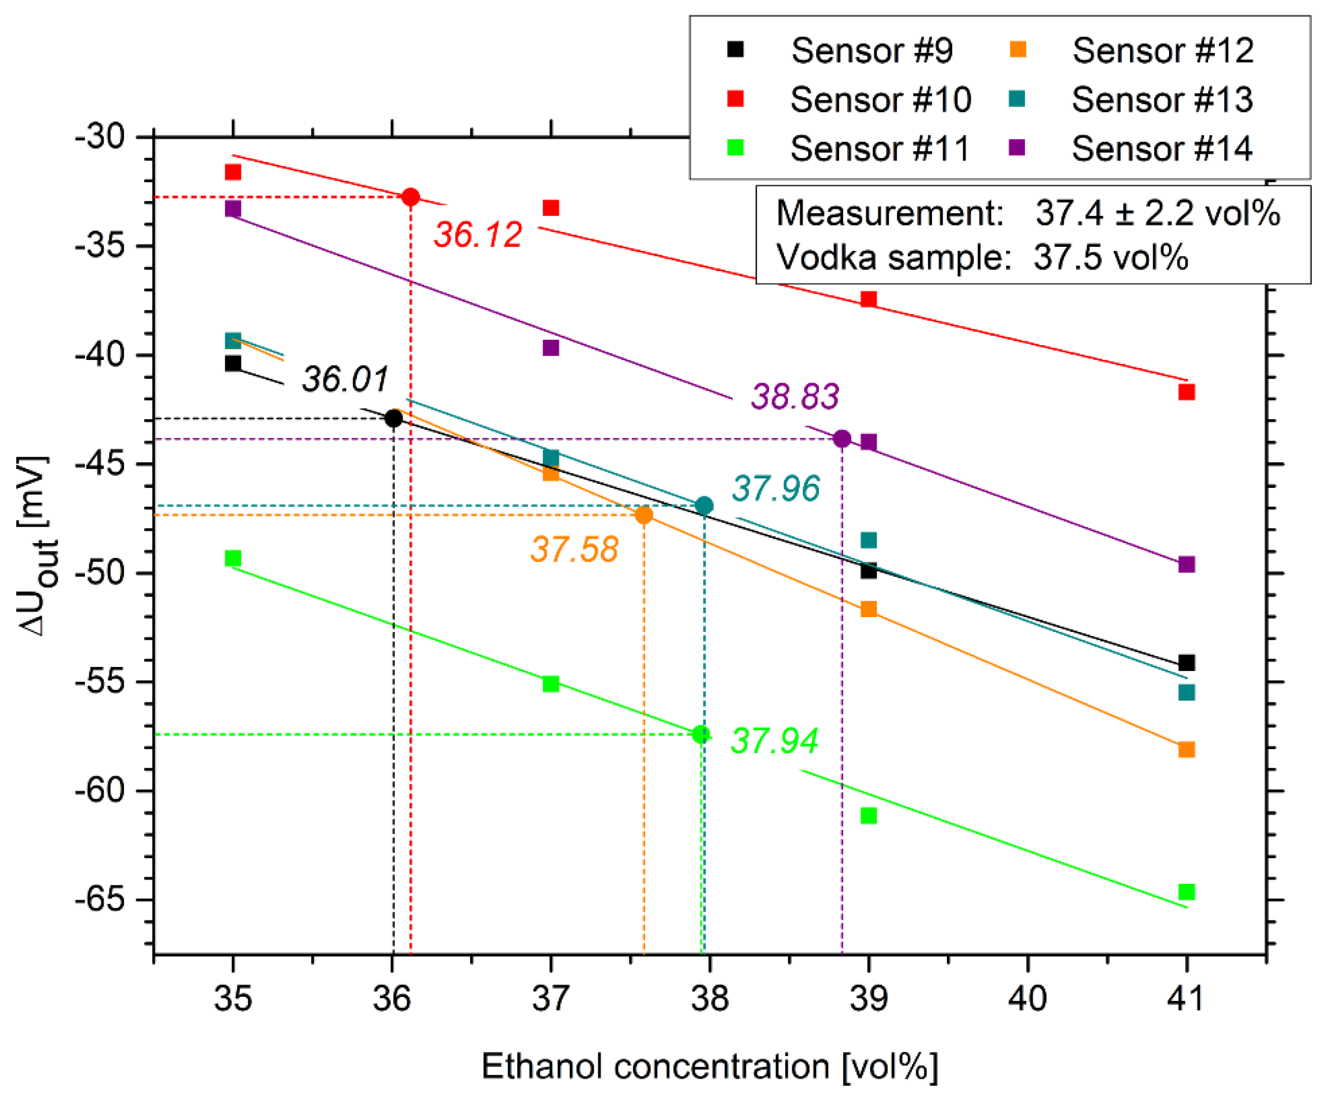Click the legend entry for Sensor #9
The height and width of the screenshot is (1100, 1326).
pos(871,50)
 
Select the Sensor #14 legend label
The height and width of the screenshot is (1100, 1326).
pos(1162,149)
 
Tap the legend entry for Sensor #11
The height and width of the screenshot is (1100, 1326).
pos(879,149)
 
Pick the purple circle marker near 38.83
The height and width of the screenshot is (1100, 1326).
pos(842,439)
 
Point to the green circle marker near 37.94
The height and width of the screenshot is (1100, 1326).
pos(701,734)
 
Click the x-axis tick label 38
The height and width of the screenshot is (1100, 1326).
pos(710,999)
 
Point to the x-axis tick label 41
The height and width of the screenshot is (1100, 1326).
pos(1186,999)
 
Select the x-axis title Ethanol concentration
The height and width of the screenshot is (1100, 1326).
pos(710,1066)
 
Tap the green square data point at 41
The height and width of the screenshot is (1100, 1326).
pos(1186,892)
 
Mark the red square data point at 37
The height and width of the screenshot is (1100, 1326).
pos(550,208)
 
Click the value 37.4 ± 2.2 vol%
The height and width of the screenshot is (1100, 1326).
pos(1157,213)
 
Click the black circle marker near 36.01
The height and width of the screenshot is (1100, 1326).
pos(393,418)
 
